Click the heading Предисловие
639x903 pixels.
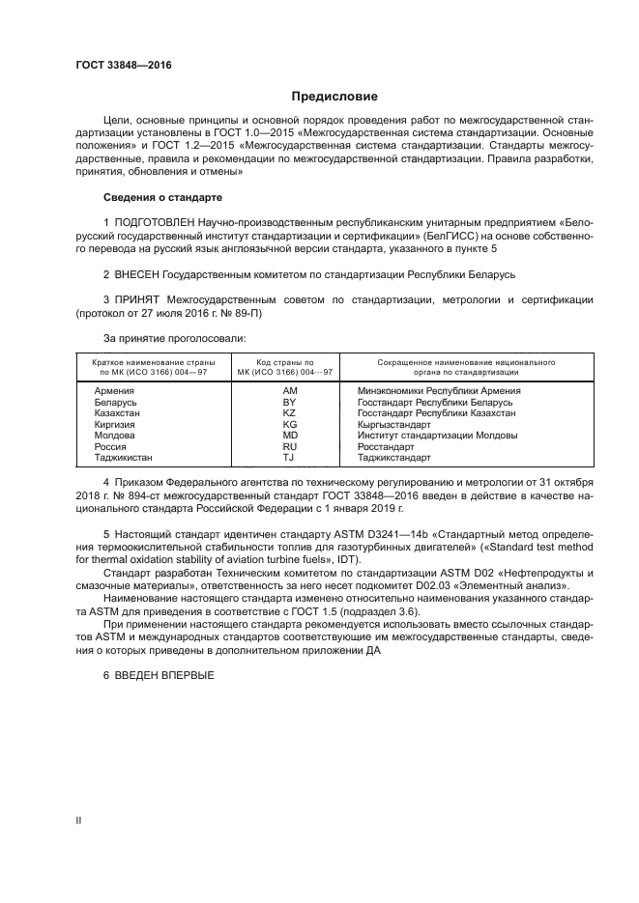click(x=335, y=97)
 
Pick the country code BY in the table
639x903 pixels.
click(x=289, y=402)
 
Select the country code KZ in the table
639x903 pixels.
click(x=289, y=412)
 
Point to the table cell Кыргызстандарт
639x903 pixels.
click(x=394, y=424)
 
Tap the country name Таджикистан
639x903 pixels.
click(x=124, y=458)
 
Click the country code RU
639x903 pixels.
click(x=289, y=447)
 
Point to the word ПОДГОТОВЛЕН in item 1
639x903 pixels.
click(x=162, y=222)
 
